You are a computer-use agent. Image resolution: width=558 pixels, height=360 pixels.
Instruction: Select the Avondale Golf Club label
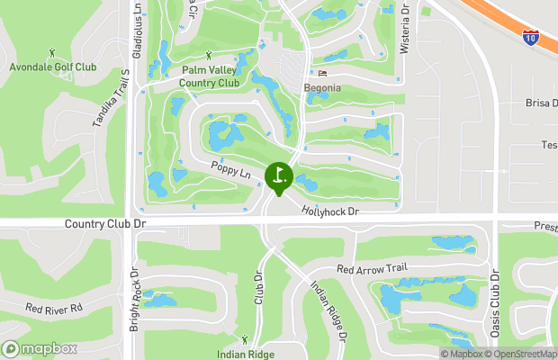point(52,67)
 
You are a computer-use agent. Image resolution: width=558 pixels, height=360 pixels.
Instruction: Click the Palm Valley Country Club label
point(210,76)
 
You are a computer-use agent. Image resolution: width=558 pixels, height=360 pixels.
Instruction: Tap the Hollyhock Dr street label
point(330,211)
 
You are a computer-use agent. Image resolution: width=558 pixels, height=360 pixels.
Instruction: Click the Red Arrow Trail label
point(372,268)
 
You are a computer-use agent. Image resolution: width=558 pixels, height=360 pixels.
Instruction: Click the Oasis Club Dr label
point(494,301)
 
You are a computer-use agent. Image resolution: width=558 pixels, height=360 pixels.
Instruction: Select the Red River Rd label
point(53,308)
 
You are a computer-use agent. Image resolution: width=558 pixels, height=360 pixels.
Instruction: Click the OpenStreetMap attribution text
point(524,354)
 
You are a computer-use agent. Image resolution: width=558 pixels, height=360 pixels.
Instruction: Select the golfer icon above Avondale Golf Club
point(51,51)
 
